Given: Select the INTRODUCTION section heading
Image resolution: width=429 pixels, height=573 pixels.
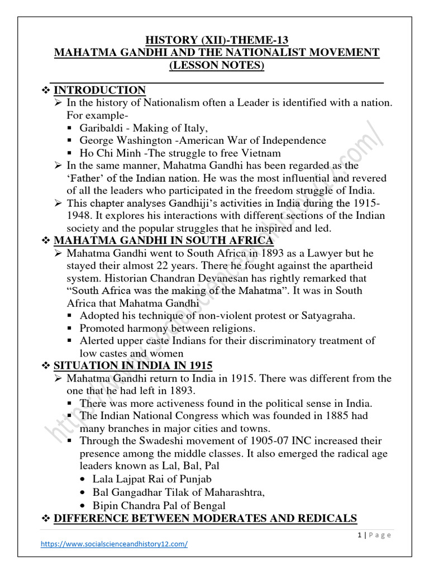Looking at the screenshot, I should click(x=99, y=90).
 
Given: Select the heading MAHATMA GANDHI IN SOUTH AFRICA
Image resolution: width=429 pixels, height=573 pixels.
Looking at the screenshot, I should click(x=163, y=241).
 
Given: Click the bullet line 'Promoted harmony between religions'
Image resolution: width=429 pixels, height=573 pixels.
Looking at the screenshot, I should click(x=167, y=328).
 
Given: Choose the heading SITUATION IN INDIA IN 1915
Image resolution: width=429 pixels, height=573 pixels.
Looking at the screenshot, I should click(x=132, y=365).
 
